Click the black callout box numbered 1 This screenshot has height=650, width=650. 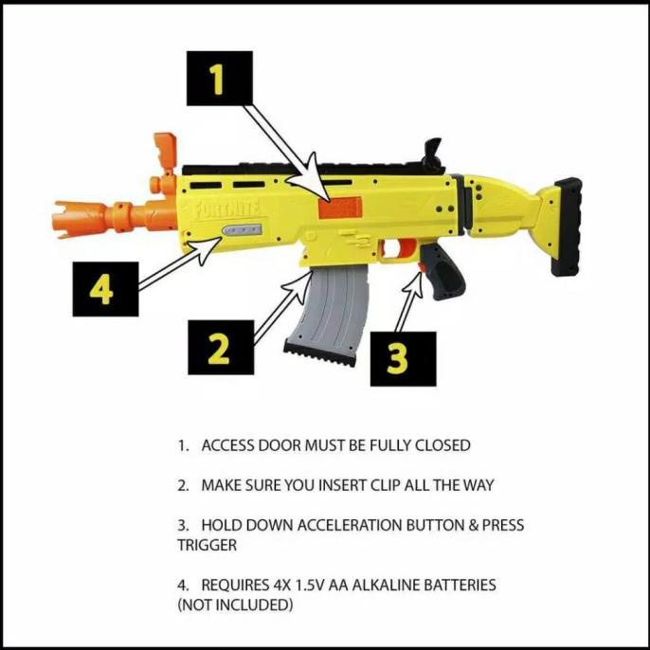[218, 80]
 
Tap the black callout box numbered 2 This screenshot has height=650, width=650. [218, 348]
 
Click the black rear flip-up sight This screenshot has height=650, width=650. [435, 153]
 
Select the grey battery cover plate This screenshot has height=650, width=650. [243, 230]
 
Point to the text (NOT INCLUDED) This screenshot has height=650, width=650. [235, 605]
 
